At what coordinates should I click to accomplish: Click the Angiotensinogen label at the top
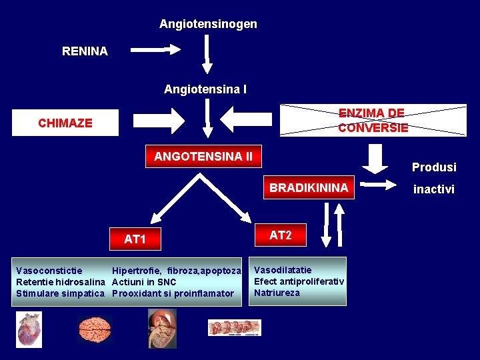(208, 24)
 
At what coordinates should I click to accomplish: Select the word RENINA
(85, 51)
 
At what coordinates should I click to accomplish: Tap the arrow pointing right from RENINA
(155, 49)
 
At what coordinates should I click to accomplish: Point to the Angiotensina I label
(205, 89)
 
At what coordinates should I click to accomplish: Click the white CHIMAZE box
(65, 123)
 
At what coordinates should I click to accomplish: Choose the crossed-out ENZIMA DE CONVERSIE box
(373, 120)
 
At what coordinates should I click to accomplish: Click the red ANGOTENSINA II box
(203, 157)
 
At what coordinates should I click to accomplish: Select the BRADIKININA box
(309, 188)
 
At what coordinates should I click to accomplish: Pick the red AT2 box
(281, 235)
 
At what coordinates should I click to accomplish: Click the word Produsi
(434, 167)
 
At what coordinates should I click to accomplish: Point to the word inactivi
(434, 189)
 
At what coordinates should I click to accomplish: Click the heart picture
(29, 329)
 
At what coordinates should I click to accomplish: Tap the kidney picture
(161, 329)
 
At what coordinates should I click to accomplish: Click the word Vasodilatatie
(283, 270)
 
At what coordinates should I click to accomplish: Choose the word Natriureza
(277, 293)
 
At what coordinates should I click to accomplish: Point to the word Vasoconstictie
(49, 271)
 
